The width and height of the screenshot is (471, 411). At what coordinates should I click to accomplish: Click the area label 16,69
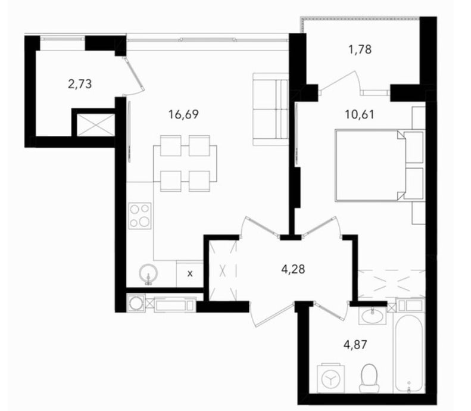pos(183,114)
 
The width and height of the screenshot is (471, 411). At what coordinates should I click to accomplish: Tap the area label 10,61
pos(360,115)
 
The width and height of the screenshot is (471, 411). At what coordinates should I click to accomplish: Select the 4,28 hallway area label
pos(293,269)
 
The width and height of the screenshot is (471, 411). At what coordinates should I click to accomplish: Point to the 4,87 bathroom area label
pos(355,345)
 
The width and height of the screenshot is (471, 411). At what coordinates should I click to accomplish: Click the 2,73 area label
pos(80,84)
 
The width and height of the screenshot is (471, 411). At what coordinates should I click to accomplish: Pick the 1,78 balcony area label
pos(360,49)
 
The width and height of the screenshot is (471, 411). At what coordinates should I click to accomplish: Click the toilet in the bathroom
pos(369,378)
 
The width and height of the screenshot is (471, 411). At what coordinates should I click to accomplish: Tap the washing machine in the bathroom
pos(330,378)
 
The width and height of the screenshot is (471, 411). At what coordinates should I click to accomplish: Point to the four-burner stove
pos(140,216)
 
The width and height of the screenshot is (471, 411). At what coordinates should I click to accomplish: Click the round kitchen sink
pos(148,274)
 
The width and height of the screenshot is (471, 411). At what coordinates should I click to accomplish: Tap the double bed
pos(380,165)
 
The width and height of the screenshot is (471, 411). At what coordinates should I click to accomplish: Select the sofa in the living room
pos(271,110)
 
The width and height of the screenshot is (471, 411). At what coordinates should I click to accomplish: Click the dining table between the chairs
pos(185,164)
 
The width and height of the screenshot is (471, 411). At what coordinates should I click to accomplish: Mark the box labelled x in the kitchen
pos(190,273)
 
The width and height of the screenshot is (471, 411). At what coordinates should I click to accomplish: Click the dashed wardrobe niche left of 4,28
pos(223,270)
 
